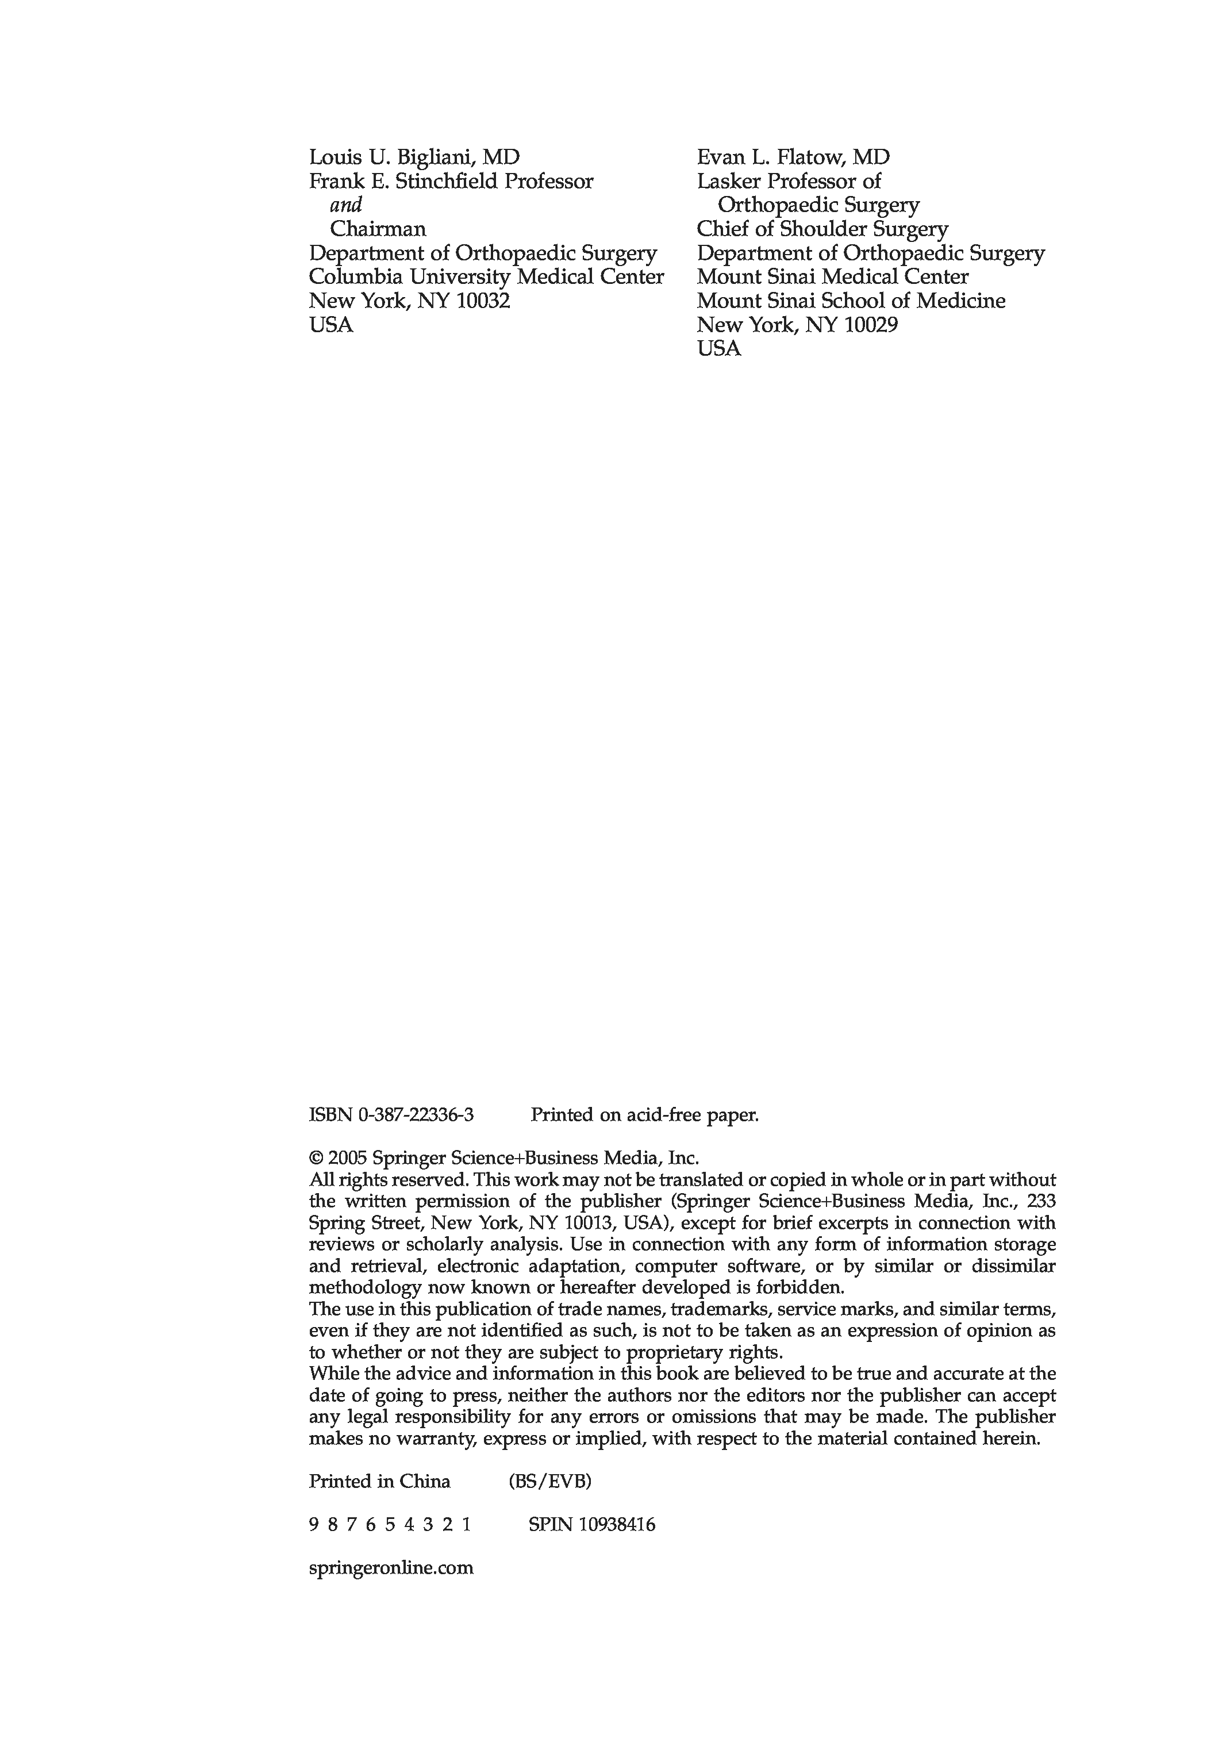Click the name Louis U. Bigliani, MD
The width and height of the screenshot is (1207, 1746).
pos(414,157)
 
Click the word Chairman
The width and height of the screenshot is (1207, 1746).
pos(378,229)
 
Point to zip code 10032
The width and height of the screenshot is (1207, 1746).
pos(483,301)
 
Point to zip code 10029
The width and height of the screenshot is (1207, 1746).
pos(870,325)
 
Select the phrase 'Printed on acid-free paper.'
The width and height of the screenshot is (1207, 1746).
pos(644,1114)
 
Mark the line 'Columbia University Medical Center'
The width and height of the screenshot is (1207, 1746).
pos(486,277)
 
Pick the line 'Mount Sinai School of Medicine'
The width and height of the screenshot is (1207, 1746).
pos(851,301)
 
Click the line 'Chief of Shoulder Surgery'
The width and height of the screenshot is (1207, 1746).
pos(822,229)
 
